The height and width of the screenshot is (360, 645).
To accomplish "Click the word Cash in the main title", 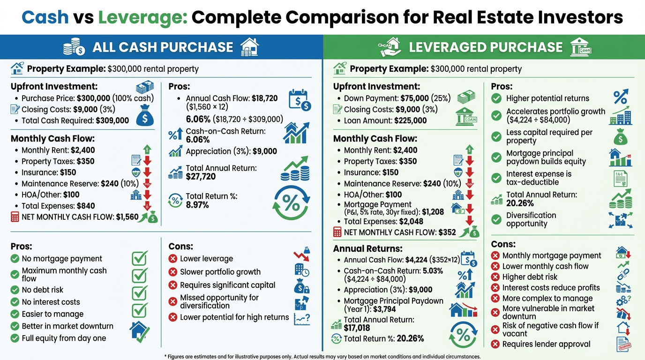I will click(45, 18).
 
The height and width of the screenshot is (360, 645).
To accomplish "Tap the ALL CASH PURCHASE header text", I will click(163, 47).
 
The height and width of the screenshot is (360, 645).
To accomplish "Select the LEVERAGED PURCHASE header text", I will click(486, 47).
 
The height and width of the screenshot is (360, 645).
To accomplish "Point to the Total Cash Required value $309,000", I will click(112, 120).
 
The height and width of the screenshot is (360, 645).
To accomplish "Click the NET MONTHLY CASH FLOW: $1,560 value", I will click(127, 217).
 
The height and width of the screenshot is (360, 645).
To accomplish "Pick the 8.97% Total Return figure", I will click(197, 205).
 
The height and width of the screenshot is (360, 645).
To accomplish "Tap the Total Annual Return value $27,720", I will click(201, 176).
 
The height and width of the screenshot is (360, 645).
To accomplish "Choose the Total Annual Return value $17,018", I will click(357, 328).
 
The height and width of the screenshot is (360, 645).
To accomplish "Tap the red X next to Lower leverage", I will click(172, 259).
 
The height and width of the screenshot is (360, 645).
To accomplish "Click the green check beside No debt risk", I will click(15, 290).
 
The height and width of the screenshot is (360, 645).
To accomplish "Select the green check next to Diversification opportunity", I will click(496, 219).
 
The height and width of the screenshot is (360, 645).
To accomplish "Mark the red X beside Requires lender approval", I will click(495, 345).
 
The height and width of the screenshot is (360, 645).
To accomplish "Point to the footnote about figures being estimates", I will click(322, 356).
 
